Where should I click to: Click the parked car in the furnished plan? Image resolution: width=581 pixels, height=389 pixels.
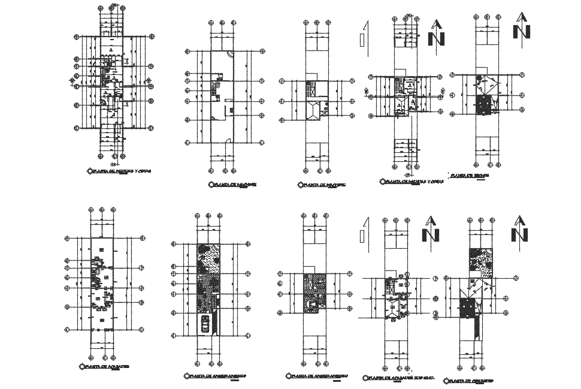pos(205,324)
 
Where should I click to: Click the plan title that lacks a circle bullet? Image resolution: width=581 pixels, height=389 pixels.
pos(470,176)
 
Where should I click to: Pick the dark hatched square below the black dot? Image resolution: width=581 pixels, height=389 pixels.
pos(483,105)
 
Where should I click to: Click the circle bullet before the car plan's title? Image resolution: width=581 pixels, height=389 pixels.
pos(186,376)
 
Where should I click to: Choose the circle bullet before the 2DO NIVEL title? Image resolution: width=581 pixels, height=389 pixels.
pos(365,378)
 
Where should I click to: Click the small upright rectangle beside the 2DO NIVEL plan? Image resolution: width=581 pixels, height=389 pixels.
pos(362,236)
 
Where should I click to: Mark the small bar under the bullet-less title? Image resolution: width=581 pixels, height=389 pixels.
pos(479,180)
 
